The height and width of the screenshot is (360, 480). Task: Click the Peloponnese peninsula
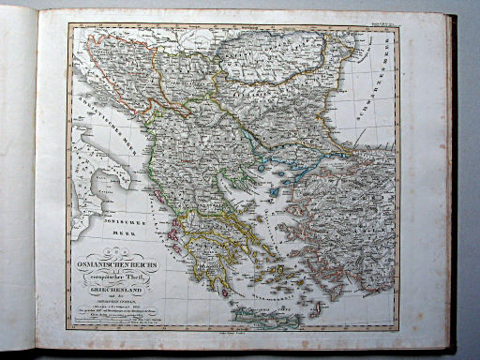(212, 254)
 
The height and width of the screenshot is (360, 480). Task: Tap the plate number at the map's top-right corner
(384, 22)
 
